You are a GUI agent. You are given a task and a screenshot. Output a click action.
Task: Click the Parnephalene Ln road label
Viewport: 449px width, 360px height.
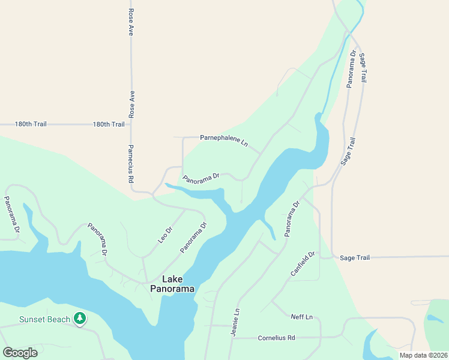point(223,142)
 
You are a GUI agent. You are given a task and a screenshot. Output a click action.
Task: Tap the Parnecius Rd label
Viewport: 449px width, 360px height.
point(130,163)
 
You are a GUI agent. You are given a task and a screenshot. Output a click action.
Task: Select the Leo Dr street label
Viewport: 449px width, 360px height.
point(165,234)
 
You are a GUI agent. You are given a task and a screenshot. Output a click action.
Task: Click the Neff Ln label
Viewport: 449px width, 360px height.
point(301,317)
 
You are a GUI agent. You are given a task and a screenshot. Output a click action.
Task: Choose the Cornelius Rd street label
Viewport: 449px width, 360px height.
point(276,338)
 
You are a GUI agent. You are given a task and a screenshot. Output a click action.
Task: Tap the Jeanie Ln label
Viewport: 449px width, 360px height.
point(236,323)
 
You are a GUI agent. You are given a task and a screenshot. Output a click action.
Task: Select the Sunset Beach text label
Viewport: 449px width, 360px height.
point(44,319)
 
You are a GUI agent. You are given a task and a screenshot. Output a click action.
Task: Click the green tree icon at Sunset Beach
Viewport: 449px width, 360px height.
point(79,318)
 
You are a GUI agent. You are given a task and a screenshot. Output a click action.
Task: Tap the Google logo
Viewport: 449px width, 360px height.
point(20,352)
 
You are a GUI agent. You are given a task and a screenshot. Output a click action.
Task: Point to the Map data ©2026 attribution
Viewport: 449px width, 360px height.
point(423,355)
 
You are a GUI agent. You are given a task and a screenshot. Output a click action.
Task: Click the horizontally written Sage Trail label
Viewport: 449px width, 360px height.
point(355,257)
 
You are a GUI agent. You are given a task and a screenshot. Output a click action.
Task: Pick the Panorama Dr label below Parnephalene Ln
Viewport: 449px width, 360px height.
point(202,178)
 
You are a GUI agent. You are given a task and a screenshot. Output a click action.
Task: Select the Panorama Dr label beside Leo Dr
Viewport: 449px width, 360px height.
point(194,237)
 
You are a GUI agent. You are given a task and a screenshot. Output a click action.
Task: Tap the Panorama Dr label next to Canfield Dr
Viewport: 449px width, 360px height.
point(292,219)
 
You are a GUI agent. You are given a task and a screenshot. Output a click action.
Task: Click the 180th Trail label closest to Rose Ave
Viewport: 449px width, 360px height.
point(109,124)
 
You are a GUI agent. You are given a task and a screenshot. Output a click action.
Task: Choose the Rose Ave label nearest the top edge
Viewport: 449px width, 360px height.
point(130,22)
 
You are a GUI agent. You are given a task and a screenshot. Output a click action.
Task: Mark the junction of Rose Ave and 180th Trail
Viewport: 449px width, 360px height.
point(131,124)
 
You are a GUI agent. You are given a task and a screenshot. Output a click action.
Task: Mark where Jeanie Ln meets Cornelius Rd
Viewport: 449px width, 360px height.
point(232,338)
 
